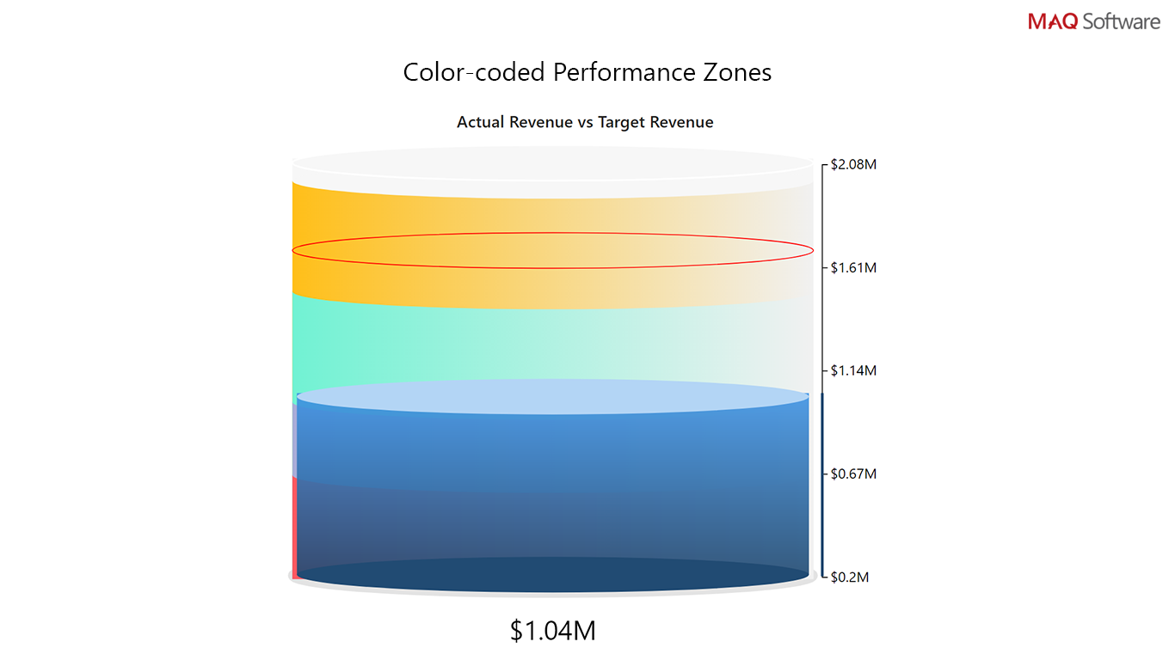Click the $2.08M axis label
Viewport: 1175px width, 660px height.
pyautogui.click(x=853, y=164)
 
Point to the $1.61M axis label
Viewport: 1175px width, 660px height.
pyautogui.click(x=853, y=267)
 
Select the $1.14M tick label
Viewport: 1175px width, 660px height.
pyautogui.click(x=853, y=370)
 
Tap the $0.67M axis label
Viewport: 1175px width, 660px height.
pyautogui.click(x=853, y=474)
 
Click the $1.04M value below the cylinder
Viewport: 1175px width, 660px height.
pyautogui.click(x=553, y=631)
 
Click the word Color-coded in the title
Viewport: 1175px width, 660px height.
pyautogui.click(x=474, y=72)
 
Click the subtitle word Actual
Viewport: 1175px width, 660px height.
pyautogui.click(x=480, y=122)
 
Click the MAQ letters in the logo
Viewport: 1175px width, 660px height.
pyautogui.click(x=1052, y=21)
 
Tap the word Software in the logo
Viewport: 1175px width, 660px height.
pyautogui.click(x=1122, y=21)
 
